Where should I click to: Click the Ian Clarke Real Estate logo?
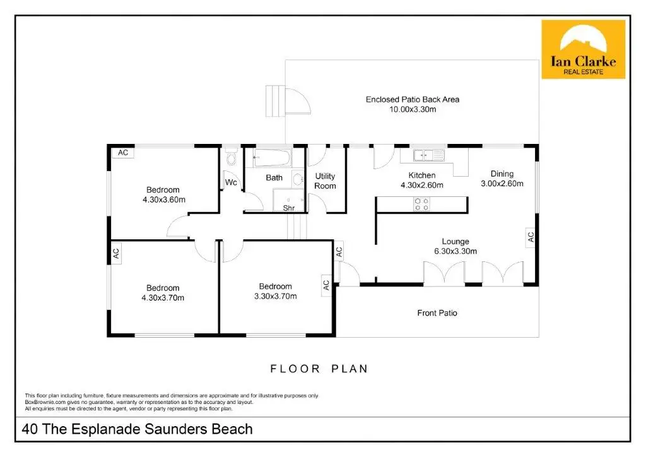click(x=583, y=49)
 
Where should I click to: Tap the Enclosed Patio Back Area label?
click(x=413, y=99)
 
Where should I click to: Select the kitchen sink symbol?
click(x=429, y=154)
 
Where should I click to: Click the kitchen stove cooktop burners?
click(x=421, y=203)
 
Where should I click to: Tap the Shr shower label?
click(x=289, y=208)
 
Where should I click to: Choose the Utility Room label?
click(x=325, y=181)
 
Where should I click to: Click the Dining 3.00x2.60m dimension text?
click(x=502, y=184)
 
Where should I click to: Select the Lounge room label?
click(x=455, y=241)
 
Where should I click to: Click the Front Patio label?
click(x=437, y=312)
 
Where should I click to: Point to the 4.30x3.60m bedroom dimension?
click(x=163, y=199)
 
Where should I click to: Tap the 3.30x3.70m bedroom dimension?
click(x=275, y=296)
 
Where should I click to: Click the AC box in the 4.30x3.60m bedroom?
click(x=123, y=152)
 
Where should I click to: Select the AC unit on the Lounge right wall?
click(x=531, y=237)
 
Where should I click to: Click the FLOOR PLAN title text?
click(x=319, y=369)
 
